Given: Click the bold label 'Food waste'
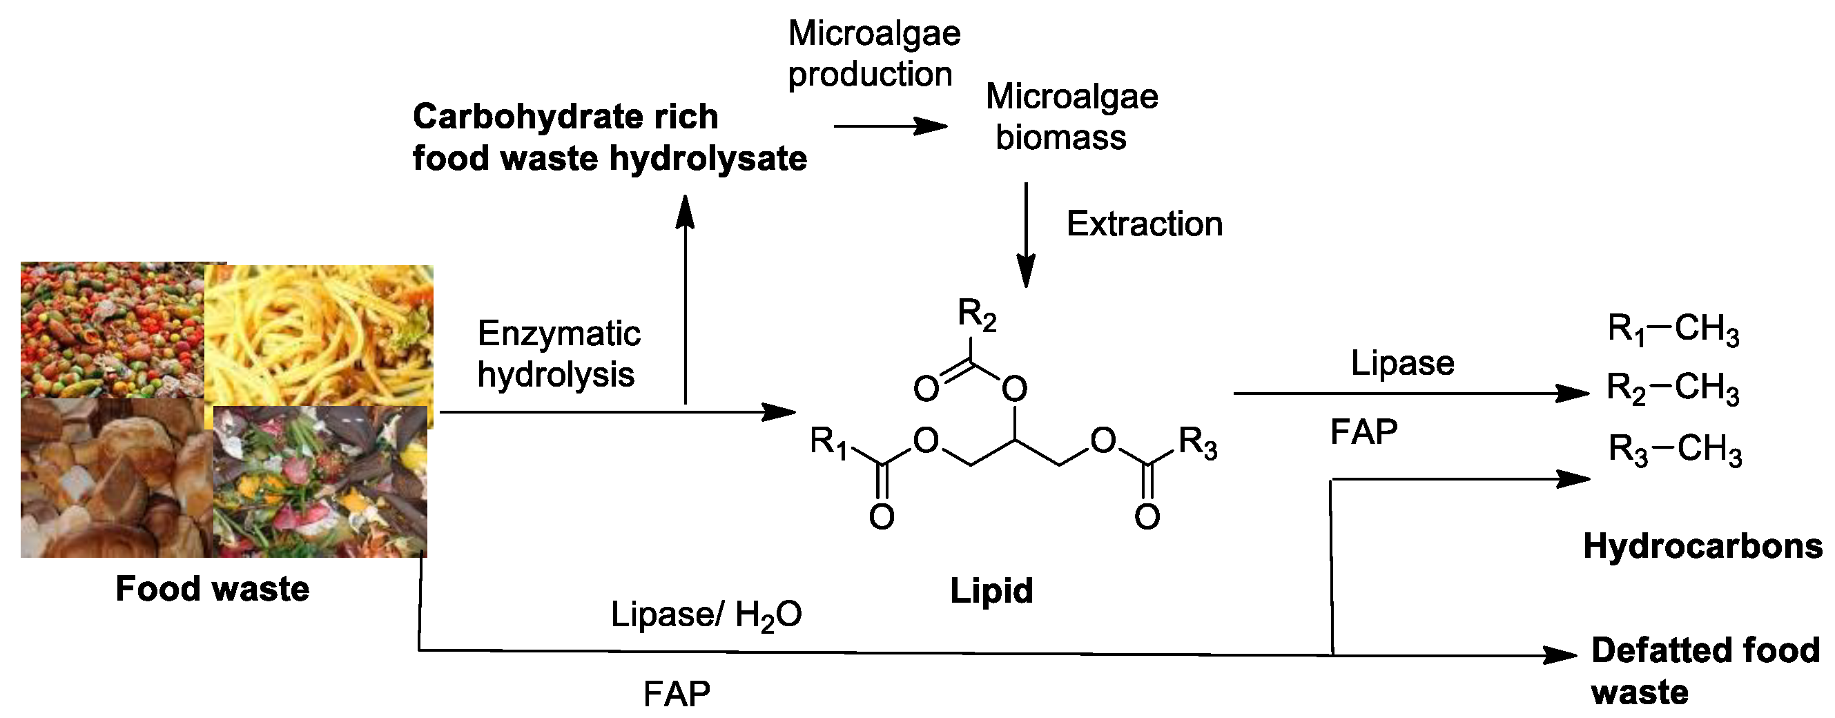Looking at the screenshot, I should (212, 589).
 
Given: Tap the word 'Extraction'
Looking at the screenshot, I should (1144, 224).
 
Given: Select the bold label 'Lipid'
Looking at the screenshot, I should (991, 591).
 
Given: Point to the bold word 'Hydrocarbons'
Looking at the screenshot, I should (1702, 546).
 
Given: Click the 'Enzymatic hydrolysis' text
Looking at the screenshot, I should (559, 354).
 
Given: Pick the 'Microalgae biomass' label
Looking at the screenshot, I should (1071, 117).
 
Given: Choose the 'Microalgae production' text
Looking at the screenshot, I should (874, 53).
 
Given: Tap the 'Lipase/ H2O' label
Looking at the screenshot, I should (706, 614).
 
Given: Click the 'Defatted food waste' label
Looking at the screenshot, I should (1705, 671).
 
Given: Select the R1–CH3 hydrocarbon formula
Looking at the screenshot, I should (1673, 330).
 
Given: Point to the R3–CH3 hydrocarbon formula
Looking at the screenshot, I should (1675, 450).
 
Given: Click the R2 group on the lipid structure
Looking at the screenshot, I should (977, 315).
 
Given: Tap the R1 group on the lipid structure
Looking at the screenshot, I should (828, 443).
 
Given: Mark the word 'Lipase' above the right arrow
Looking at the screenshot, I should (1402, 362).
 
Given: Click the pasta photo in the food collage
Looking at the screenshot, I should (318, 335).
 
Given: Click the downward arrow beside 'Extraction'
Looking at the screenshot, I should (1026, 235).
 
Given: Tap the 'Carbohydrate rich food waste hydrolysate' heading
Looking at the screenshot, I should (609, 137).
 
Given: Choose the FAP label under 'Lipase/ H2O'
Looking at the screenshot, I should (676, 693).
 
